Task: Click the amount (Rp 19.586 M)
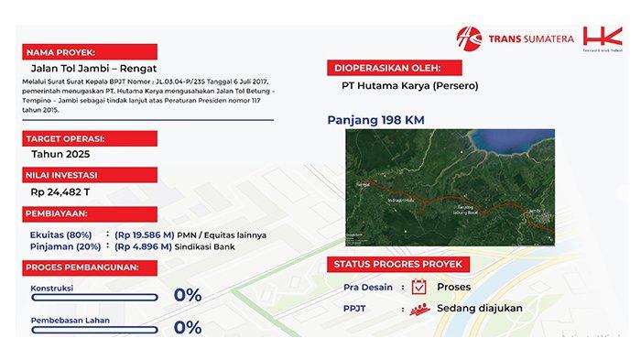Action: coord(150,235)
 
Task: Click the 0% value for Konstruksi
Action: coord(188,295)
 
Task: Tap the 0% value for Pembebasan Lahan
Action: coord(188,327)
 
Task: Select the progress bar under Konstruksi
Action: coord(83,301)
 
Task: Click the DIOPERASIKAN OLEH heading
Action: coord(388,67)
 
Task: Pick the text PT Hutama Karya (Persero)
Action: coord(404,87)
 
